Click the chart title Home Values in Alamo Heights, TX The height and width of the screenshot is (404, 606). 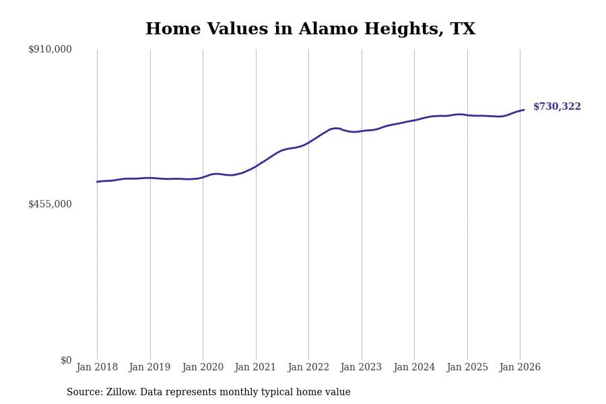point(310,30)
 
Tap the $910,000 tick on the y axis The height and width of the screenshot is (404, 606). point(50,49)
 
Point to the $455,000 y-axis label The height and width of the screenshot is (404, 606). point(50,204)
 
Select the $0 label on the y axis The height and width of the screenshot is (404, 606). point(66,360)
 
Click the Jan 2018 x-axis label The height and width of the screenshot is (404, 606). point(97,367)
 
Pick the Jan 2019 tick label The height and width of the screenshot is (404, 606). point(149,367)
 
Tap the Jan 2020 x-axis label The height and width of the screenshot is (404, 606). point(203,367)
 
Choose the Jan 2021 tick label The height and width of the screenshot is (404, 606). point(255,367)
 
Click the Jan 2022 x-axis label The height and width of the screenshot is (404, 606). point(308,367)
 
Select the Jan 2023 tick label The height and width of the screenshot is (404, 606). point(361,367)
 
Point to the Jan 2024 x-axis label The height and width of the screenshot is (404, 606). point(414,367)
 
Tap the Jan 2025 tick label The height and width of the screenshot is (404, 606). point(467,367)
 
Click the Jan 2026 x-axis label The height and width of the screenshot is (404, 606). point(520,367)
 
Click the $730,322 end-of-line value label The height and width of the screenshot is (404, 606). point(557,107)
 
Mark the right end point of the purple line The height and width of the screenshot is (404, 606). point(524,110)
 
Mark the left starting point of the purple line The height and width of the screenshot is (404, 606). point(97,182)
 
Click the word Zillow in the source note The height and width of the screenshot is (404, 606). point(121,393)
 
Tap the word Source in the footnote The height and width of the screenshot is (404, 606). point(83,393)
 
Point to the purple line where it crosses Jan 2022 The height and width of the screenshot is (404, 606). point(308,143)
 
